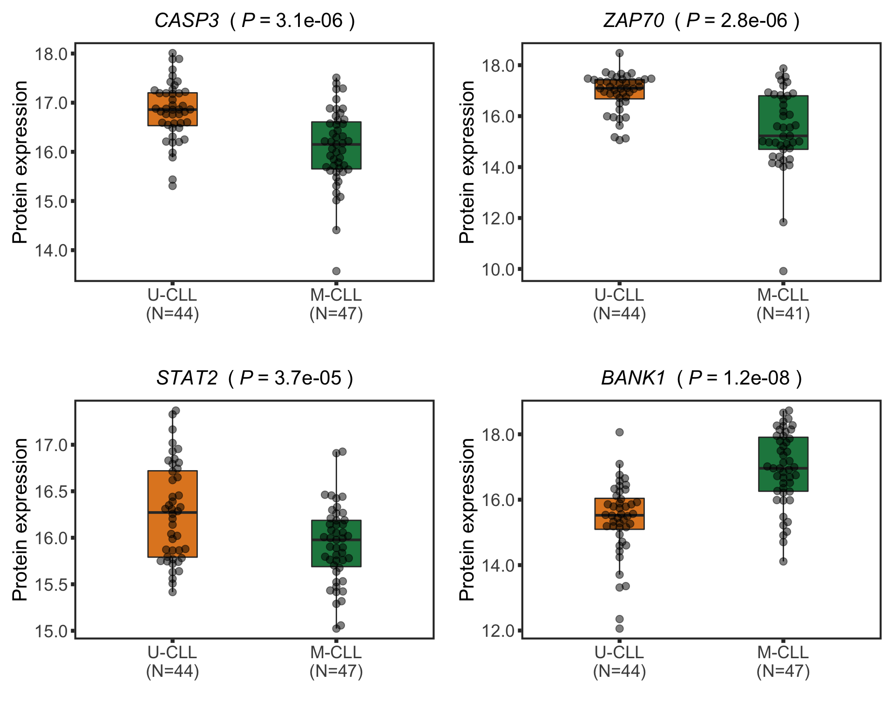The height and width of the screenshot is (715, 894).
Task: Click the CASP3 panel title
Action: pyautogui.click(x=255, y=21)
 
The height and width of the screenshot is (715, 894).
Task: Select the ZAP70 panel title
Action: pyautogui.click(x=701, y=21)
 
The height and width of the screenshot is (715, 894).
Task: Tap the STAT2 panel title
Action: pyautogui.click(x=255, y=378)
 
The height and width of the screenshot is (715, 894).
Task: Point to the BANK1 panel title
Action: pyautogui.click(x=701, y=378)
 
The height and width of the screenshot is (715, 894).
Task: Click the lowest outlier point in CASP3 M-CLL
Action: pyautogui.click(x=336, y=271)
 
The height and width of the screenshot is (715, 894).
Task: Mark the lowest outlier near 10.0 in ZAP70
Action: pyautogui.click(x=783, y=271)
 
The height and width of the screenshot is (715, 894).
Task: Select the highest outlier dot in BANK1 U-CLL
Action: pyautogui.click(x=620, y=432)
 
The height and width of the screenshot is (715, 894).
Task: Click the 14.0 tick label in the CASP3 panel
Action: pyautogui.click(x=51, y=251)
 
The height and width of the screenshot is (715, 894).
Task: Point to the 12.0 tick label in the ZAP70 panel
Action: pyautogui.click(x=498, y=218)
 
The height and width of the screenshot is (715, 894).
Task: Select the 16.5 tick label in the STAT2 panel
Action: pyautogui.click(x=51, y=492)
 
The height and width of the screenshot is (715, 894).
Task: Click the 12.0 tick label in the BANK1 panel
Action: pyautogui.click(x=498, y=631)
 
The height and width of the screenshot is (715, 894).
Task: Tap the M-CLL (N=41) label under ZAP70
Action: pyautogui.click(x=783, y=304)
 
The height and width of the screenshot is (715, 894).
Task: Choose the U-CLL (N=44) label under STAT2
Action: pyautogui.click(x=172, y=662)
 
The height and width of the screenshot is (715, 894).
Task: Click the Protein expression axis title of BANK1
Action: pyautogui.click(x=467, y=519)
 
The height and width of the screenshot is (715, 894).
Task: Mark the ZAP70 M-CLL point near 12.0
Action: pyautogui.click(x=783, y=222)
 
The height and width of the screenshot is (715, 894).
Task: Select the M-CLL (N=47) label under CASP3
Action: pyautogui.click(x=336, y=304)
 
